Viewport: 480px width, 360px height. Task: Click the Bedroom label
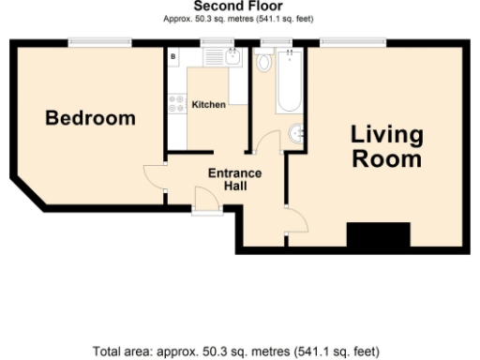[x=91, y=119]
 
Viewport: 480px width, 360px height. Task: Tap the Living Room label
[x=386, y=146]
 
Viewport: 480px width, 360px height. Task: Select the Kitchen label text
[x=208, y=104]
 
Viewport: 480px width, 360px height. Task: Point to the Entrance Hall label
[x=234, y=180]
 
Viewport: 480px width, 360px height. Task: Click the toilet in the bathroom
[x=263, y=63]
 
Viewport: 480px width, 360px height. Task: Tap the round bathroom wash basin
[x=297, y=134]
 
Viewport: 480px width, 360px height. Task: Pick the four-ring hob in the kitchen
[x=175, y=104]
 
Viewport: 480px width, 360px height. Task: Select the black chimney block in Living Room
[x=379, y=235]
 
